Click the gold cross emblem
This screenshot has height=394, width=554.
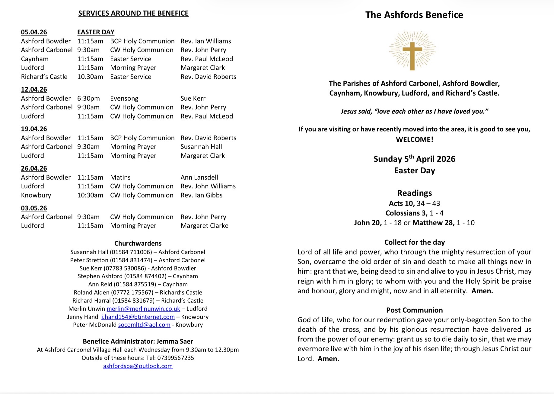412,51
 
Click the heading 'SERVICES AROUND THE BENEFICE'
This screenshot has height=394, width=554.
133,13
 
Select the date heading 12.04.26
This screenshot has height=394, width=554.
34,90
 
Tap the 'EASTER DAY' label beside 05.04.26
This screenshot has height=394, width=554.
96,32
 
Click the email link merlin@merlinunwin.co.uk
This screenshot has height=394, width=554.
143,309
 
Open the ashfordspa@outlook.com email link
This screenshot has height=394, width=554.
138,366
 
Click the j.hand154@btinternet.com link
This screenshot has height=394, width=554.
138,317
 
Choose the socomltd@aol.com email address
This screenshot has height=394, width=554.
144,325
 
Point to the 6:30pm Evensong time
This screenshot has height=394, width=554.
88,99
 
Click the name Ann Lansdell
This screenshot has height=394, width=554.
199,178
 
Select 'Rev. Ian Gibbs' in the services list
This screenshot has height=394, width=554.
201,195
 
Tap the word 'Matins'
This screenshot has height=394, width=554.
120,178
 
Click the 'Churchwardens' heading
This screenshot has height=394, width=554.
138,243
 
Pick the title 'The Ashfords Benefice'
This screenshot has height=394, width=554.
414,15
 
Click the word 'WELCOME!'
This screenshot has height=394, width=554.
414,140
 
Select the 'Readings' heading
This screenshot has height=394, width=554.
414,193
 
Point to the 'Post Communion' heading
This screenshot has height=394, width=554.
414,310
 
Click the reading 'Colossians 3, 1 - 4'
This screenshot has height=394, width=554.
414,213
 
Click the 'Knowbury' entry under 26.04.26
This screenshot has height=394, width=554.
36,195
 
